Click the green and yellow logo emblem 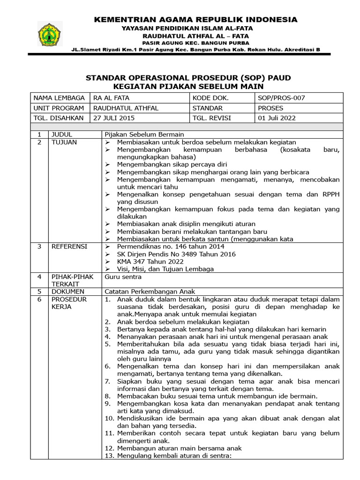click(49, 33)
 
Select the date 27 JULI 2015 click(114, 118)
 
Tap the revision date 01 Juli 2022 click(277, 118)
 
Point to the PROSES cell click(271, 108)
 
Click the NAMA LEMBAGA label click(59, 98)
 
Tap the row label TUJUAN click(64, 142)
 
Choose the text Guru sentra click(123, 277)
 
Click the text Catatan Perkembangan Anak click(150, 292)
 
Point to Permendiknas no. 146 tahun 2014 click(171, 246)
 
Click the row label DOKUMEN click(69, 292)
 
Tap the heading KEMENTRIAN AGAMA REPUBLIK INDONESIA click(195, 20)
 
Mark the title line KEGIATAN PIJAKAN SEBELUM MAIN click(189, 87)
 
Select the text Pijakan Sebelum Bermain click(144, 135)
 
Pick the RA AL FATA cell click(112, 98)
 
